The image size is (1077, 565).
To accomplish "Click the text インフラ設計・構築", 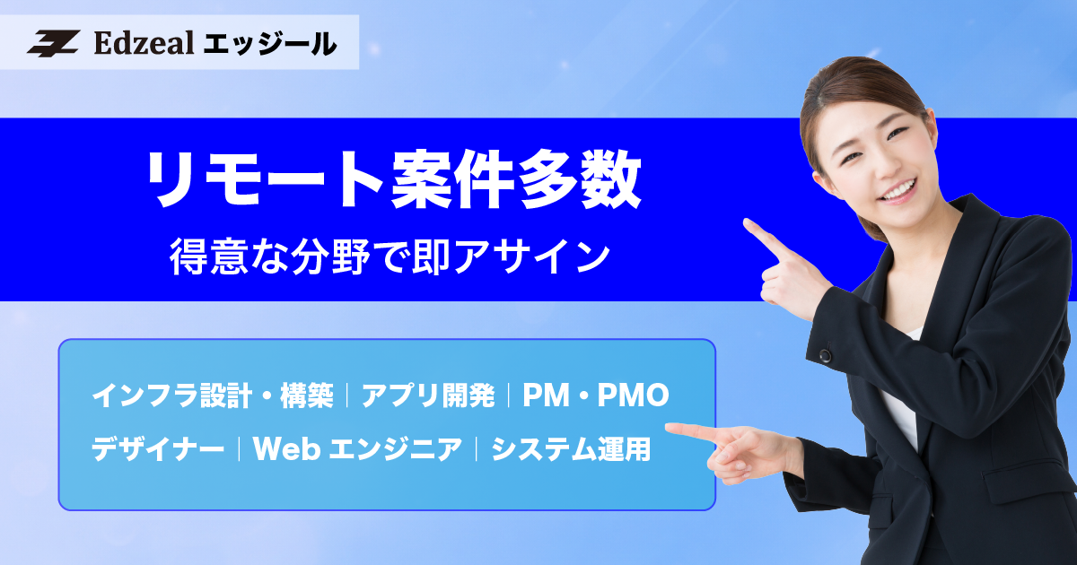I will [212, 395].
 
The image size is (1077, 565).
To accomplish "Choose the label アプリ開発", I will [428, 395].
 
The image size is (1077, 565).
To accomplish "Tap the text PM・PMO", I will [596, 395].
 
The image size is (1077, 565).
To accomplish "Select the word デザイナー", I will [158, 448].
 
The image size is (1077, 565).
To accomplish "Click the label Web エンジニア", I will [358, 448].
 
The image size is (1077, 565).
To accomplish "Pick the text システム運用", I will [570, 448].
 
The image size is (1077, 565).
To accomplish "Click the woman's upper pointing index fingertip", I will [748, 223].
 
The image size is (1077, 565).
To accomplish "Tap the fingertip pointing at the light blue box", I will [671, 429].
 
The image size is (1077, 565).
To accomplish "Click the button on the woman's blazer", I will [825, 356].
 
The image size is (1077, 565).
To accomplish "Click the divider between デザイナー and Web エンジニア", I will [240, 448].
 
